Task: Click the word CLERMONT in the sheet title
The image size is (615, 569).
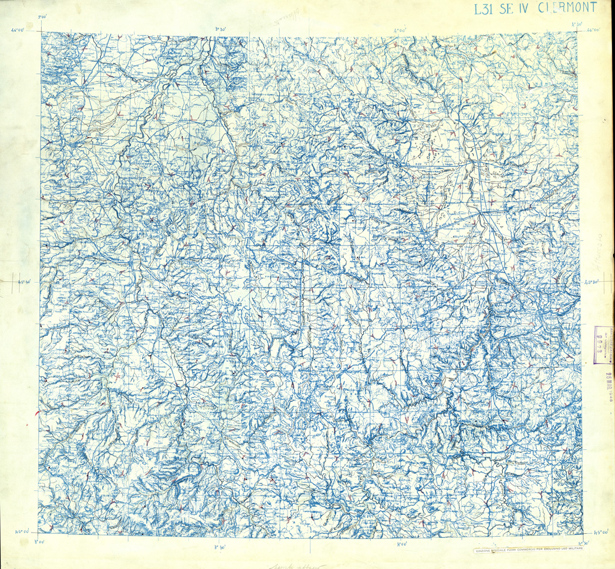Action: (x=569, y=8)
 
